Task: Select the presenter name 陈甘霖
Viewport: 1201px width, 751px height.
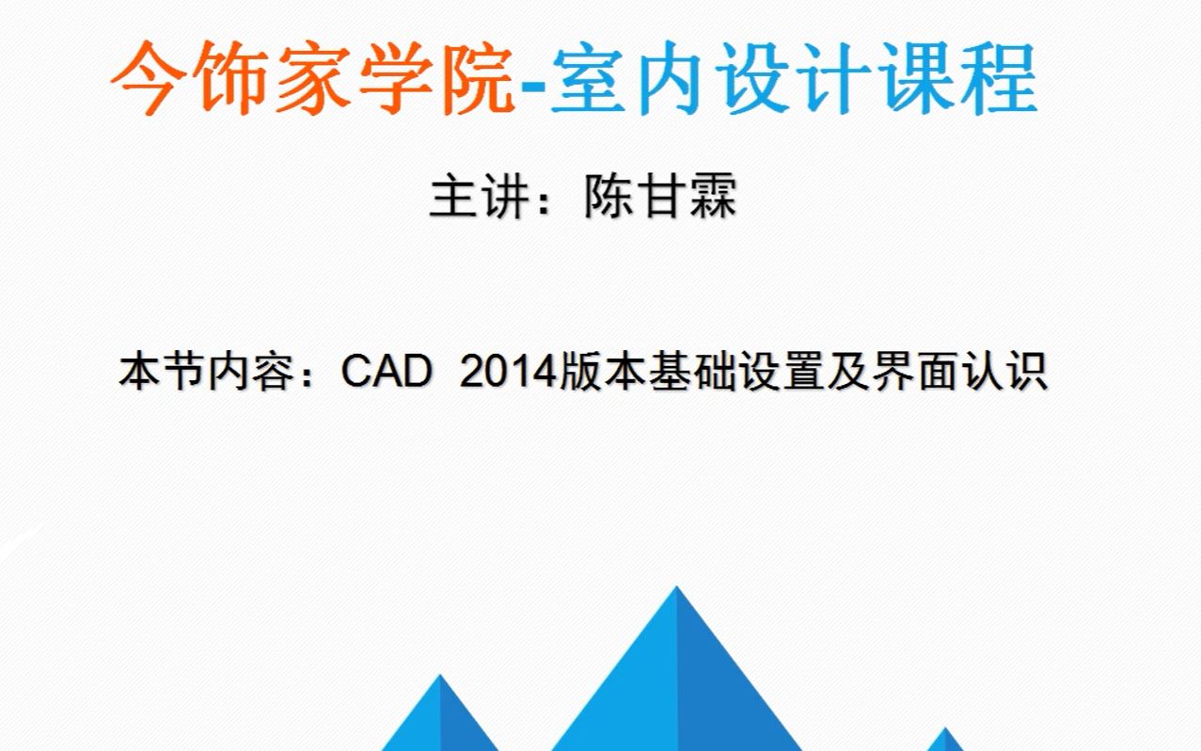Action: pos(660,198)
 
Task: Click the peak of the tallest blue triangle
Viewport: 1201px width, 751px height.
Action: pos(676,590)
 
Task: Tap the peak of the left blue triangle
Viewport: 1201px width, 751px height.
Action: pos(440,678)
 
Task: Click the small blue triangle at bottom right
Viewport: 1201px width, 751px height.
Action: pos(946,740)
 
